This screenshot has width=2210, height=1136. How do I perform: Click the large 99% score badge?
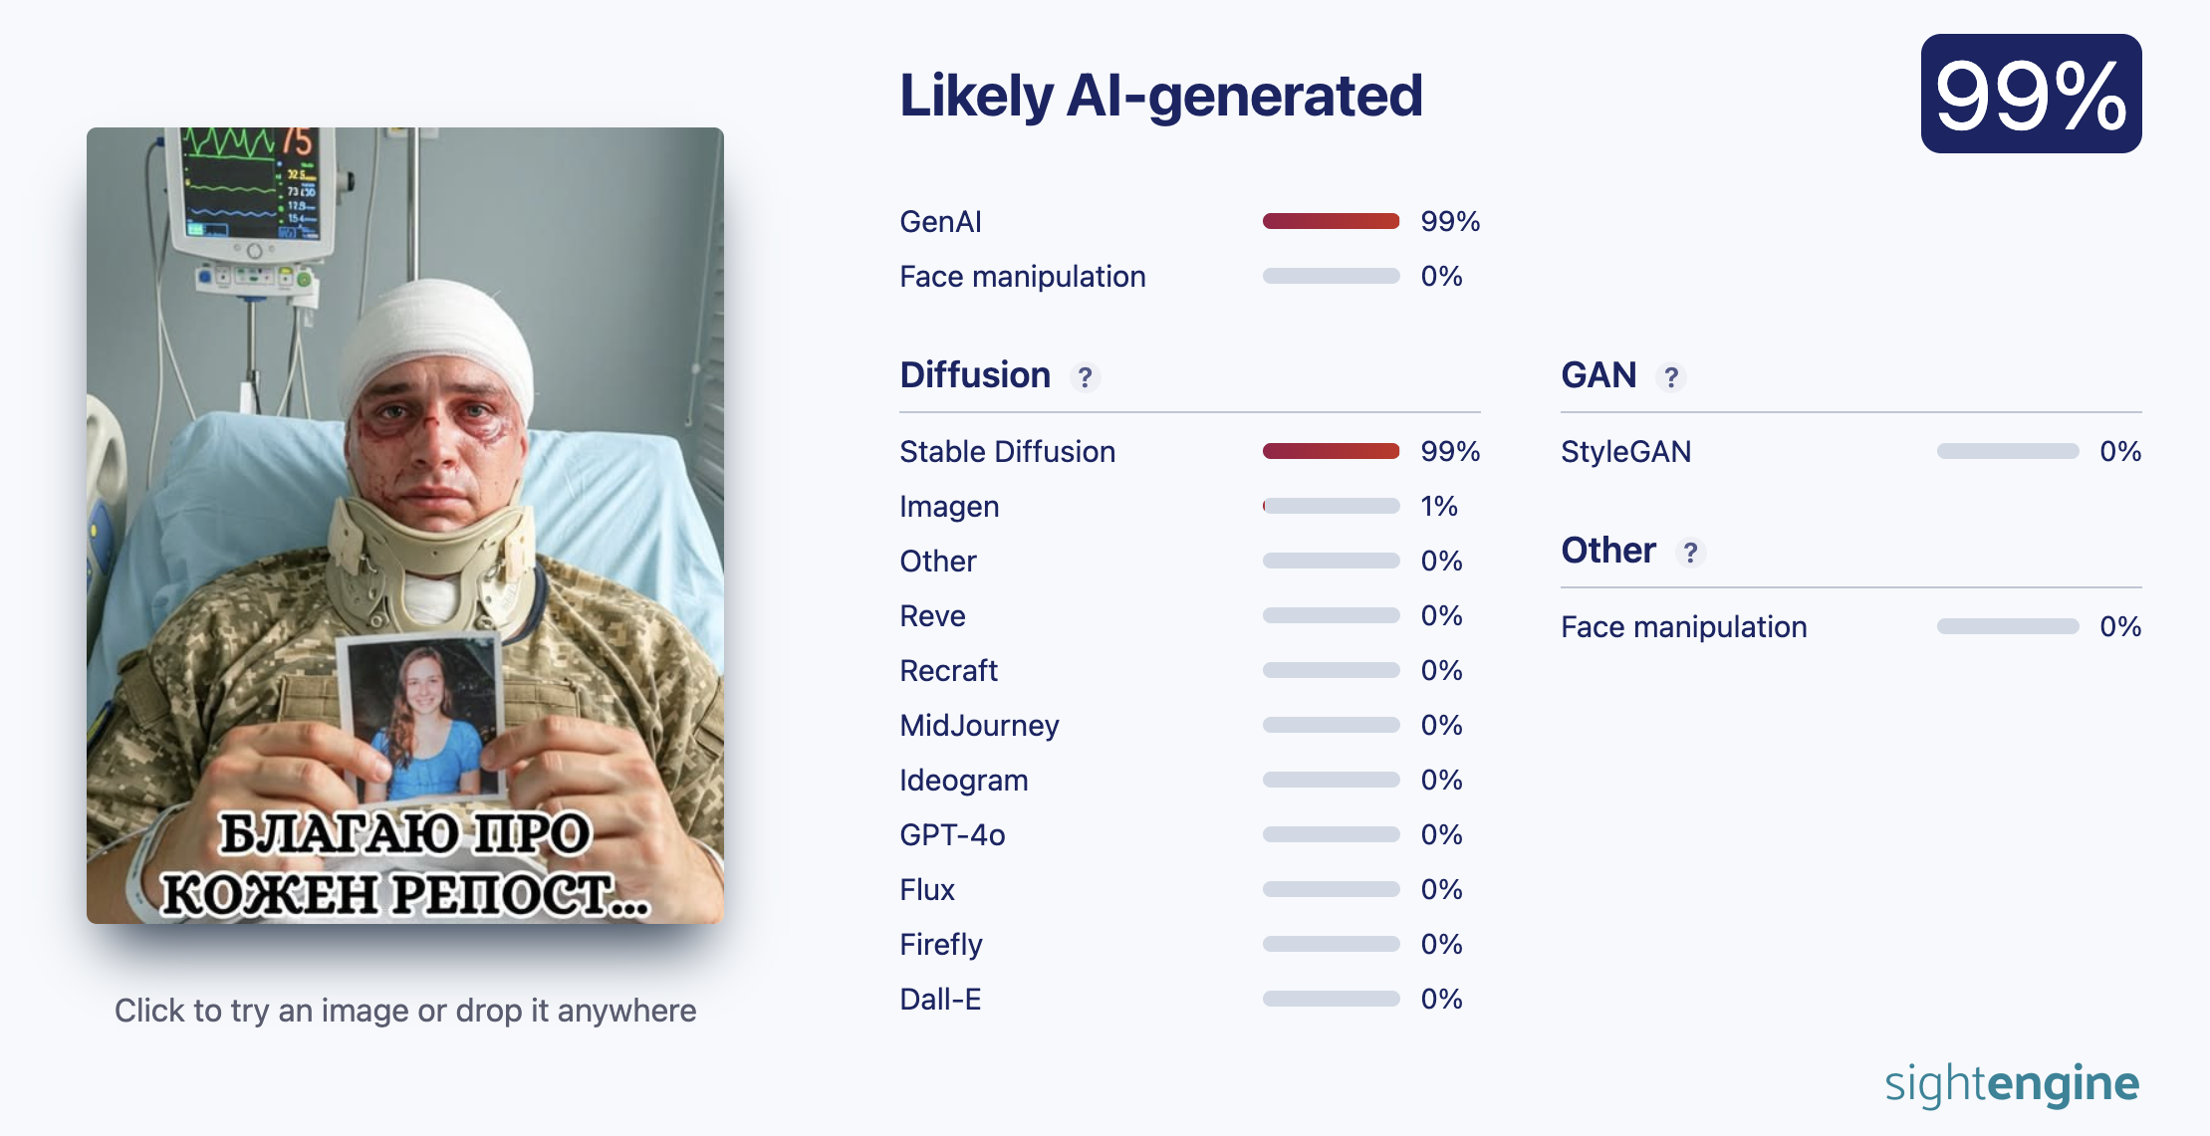(x=2031, y=94)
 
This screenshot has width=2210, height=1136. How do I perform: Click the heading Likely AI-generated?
(x=1161, y=96)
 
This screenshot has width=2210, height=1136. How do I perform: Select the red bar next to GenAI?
(x=1331, y=221)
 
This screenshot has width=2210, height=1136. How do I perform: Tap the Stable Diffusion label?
(x=1007, y=452)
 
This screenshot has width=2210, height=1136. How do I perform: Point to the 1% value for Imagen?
(x=1439, y=506)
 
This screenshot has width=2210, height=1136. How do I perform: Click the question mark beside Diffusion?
(x=1085, y=377)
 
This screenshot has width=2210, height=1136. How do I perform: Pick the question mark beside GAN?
(x=1671, y=377)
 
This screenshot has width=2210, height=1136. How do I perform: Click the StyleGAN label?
(x=1625, y=452)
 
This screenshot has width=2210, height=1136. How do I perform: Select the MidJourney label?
(x=979, y=726)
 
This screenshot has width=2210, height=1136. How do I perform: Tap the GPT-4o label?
(x=952, y=834)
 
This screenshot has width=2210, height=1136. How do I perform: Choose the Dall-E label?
(x=940, y=999)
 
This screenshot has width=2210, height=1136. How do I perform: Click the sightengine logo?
(x=2012, y=1084)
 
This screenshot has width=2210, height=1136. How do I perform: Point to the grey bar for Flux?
(x=1331, y=889)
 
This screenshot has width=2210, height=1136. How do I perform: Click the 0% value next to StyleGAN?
(x=2120, y=452)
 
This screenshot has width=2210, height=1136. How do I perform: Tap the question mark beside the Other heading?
(x=1690, y=553)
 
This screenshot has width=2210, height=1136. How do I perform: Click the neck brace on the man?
(x=428, y=558)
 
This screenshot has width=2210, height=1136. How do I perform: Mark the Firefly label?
(x=941, y=945)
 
